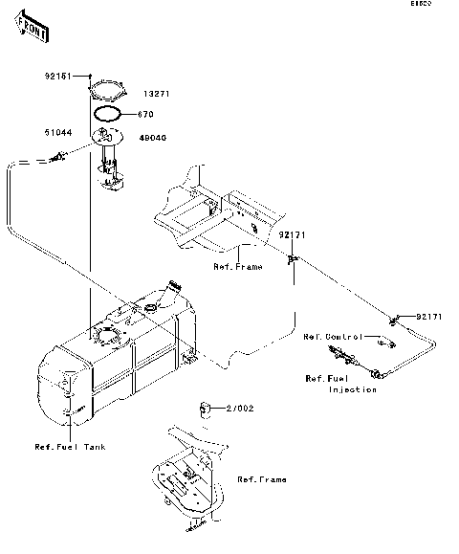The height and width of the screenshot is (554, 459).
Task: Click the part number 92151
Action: point(56,74)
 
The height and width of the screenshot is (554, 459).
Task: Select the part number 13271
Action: point(156,95)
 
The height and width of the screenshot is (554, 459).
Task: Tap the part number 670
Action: point(148,114)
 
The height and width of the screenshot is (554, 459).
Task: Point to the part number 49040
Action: point(153,137)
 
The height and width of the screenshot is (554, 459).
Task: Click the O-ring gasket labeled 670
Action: point(107,113)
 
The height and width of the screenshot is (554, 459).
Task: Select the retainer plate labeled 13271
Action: point(106,93)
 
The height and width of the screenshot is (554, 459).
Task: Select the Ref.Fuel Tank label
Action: point(70,447)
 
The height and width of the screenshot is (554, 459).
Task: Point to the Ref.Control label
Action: point(331,337)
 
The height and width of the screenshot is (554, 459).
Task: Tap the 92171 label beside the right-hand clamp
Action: point(428,316)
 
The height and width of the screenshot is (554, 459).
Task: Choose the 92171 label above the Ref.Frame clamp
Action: point(293,234)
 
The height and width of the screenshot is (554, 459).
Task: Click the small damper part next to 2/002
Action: point(206,409)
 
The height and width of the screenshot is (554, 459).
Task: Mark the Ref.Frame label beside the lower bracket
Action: point(261,479)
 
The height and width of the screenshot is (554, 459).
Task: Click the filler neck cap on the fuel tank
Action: point(173,284)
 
